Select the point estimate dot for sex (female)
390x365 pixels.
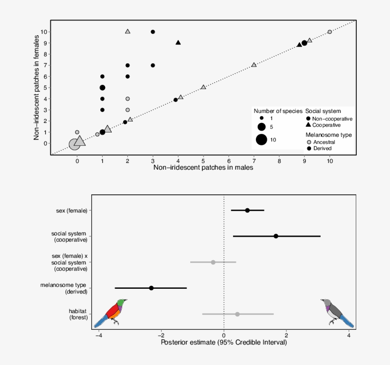(x=247, y=210)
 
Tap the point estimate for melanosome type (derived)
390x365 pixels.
(x=151, y=288)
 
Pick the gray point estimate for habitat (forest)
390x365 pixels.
(x=237, y=314)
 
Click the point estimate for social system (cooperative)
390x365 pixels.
(x=276, y=236)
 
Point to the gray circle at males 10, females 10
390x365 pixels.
(x=330, y=32)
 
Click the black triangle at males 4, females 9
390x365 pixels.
(x=178, y=42)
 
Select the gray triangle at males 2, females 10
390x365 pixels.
(x=127, y=31)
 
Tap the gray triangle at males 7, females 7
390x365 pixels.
(x=254, y=65)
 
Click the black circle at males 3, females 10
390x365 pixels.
(x=153, y=32)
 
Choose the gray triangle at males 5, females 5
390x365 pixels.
(x=204, y=87)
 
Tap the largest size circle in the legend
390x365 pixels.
(x=261, y=140)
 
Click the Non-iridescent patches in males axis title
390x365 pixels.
(x=203, y=168)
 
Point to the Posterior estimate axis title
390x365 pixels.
(x=224, y=342)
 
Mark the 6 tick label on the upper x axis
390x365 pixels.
(x=229, y=161)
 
